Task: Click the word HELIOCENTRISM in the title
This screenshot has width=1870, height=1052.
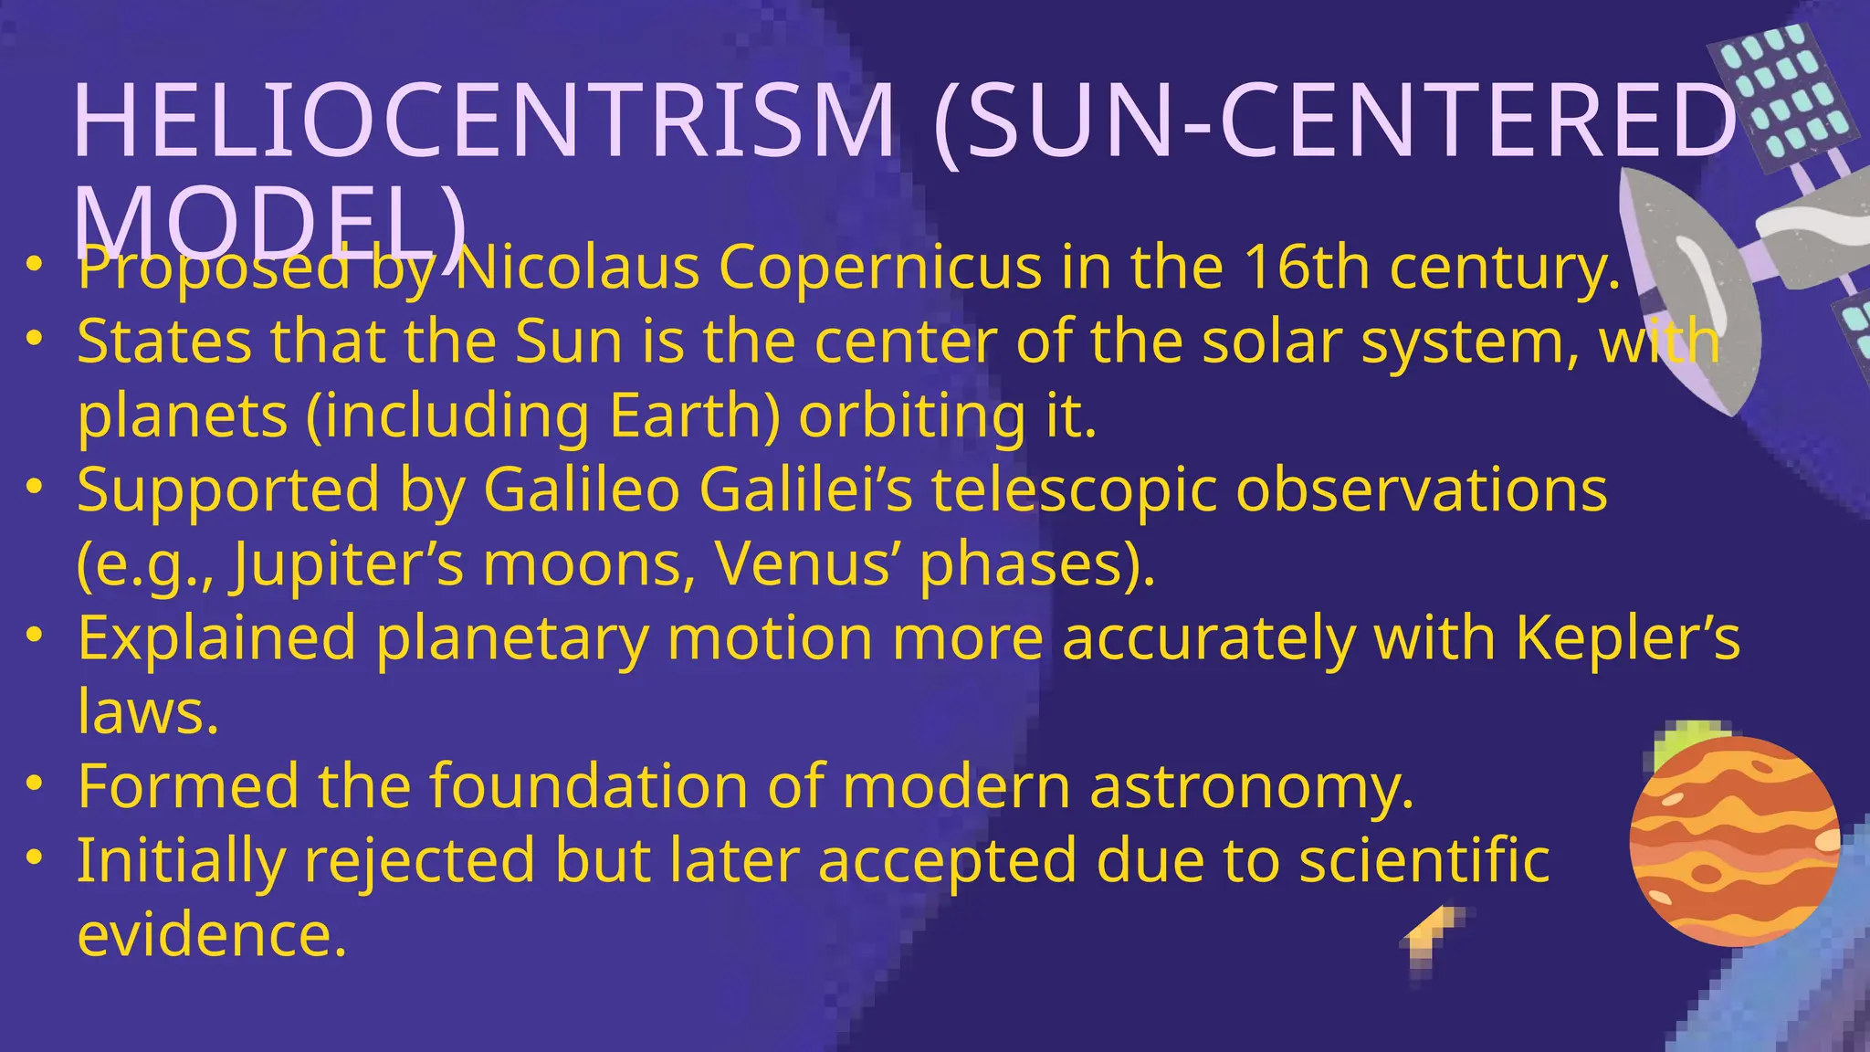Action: (484, 121)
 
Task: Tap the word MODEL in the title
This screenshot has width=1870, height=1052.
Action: (256, 224)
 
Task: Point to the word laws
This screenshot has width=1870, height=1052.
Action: (147, 711)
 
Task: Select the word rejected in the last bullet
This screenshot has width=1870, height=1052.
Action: (420, 860)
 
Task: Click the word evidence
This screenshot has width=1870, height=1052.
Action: (211, 934)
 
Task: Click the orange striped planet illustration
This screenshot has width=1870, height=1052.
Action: (1733, 841)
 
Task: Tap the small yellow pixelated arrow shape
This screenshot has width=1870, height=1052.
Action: (1433, 935)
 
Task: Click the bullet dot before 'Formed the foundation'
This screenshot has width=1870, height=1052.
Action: (35, 784)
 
